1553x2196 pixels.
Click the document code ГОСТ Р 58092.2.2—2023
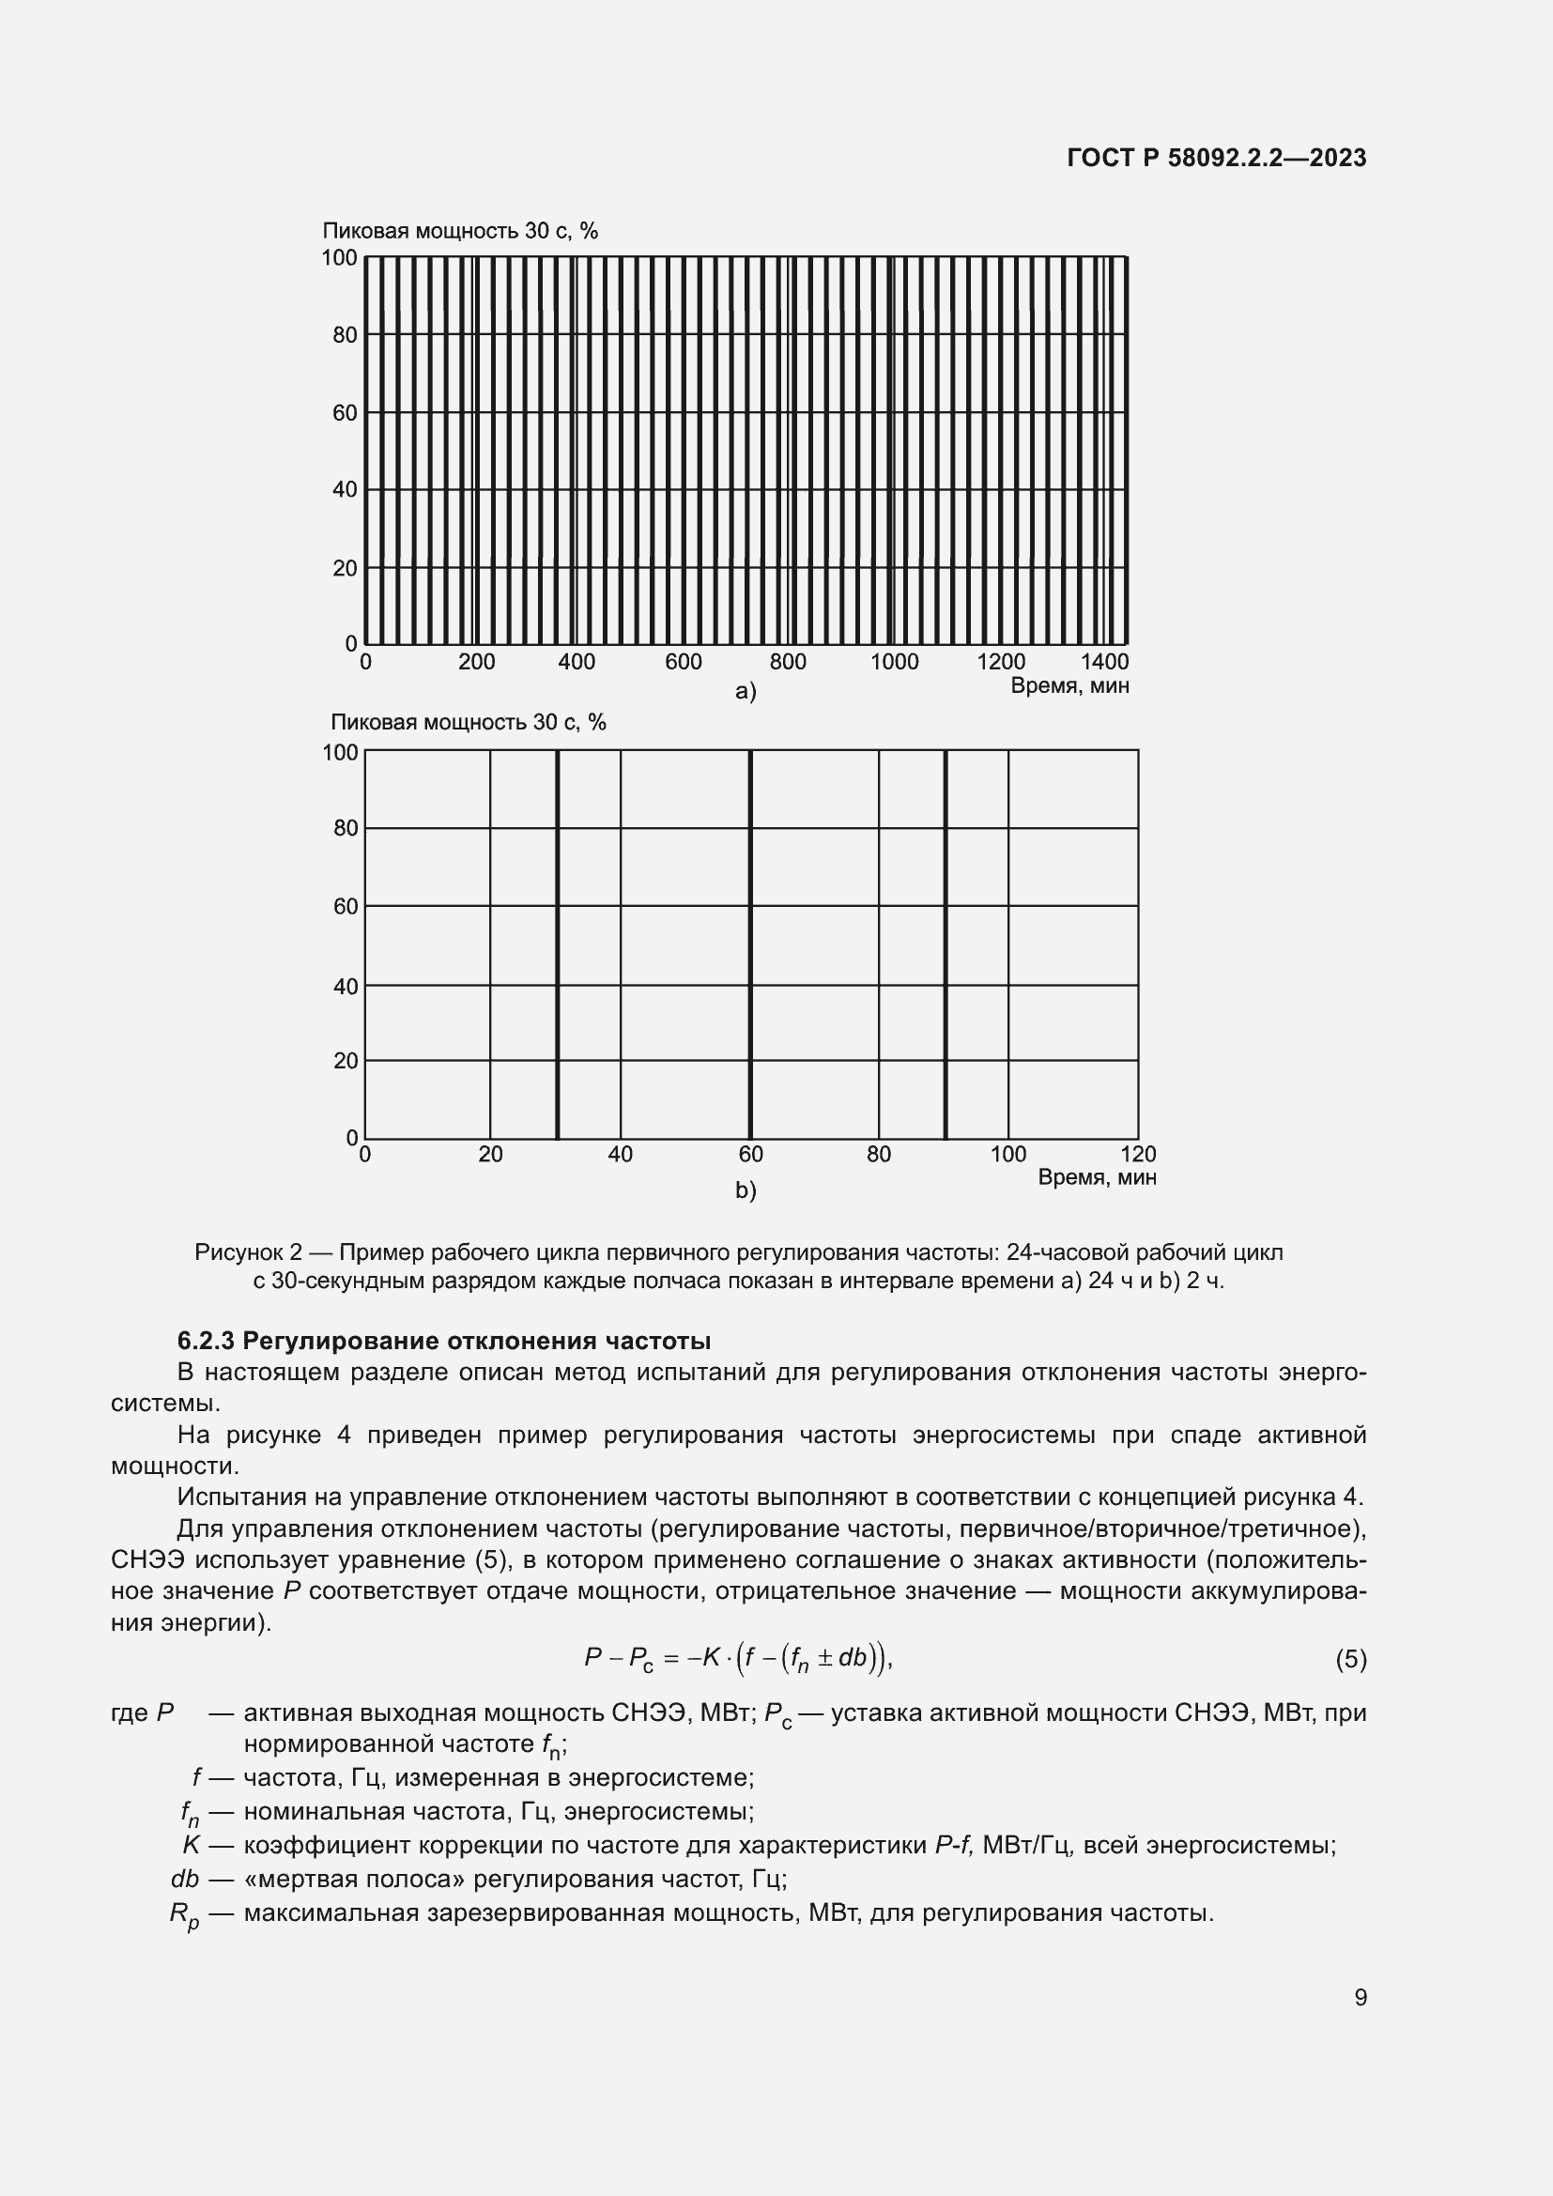1216,158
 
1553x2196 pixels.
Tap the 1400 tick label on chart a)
1104,662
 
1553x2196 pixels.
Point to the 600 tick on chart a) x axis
683,662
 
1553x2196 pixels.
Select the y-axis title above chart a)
460,231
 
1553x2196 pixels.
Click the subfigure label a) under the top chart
745,692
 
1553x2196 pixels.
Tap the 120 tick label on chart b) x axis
1138,1155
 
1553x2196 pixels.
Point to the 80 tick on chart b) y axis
346,828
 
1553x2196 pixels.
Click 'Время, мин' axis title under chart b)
1097,1177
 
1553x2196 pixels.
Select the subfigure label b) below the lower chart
745,1190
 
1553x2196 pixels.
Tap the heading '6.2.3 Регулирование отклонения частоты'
444,1340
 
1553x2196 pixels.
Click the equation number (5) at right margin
1350,1659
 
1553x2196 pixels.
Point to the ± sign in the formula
823,1657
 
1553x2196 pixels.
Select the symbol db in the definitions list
185,1880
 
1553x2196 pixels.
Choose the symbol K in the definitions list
192,1845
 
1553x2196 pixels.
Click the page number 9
1360,1997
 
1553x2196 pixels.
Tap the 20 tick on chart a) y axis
345,568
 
